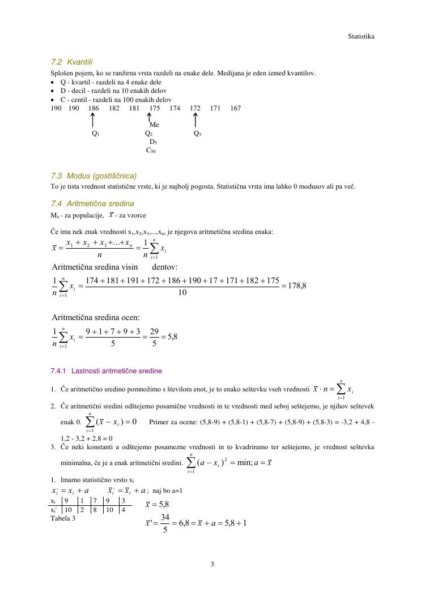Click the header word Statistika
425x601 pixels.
pos(361,36)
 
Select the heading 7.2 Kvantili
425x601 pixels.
pos(71,62)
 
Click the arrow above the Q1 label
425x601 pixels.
pos(93,120)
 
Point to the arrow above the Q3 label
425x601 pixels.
pos(195,120)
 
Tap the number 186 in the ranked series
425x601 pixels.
pos(93,108)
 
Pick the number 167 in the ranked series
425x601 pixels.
pos(236,108)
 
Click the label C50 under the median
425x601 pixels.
pos(151,151)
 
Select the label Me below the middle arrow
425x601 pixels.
pos(154,125)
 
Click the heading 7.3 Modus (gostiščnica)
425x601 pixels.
pos(93,176)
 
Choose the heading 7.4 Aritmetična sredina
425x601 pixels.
pos(92,203)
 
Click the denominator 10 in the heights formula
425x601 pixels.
pos(182,293)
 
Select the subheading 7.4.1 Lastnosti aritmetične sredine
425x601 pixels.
pos(106,371)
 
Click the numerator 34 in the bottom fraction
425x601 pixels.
pos(165,517)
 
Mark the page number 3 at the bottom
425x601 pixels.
pos(212,564)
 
